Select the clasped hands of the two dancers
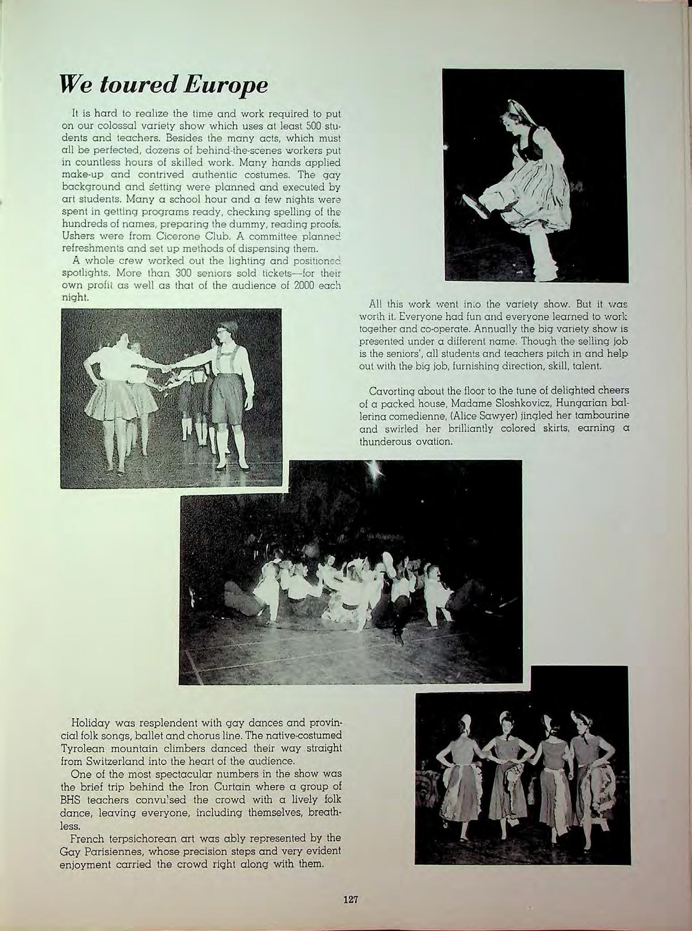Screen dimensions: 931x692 point(166,369)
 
